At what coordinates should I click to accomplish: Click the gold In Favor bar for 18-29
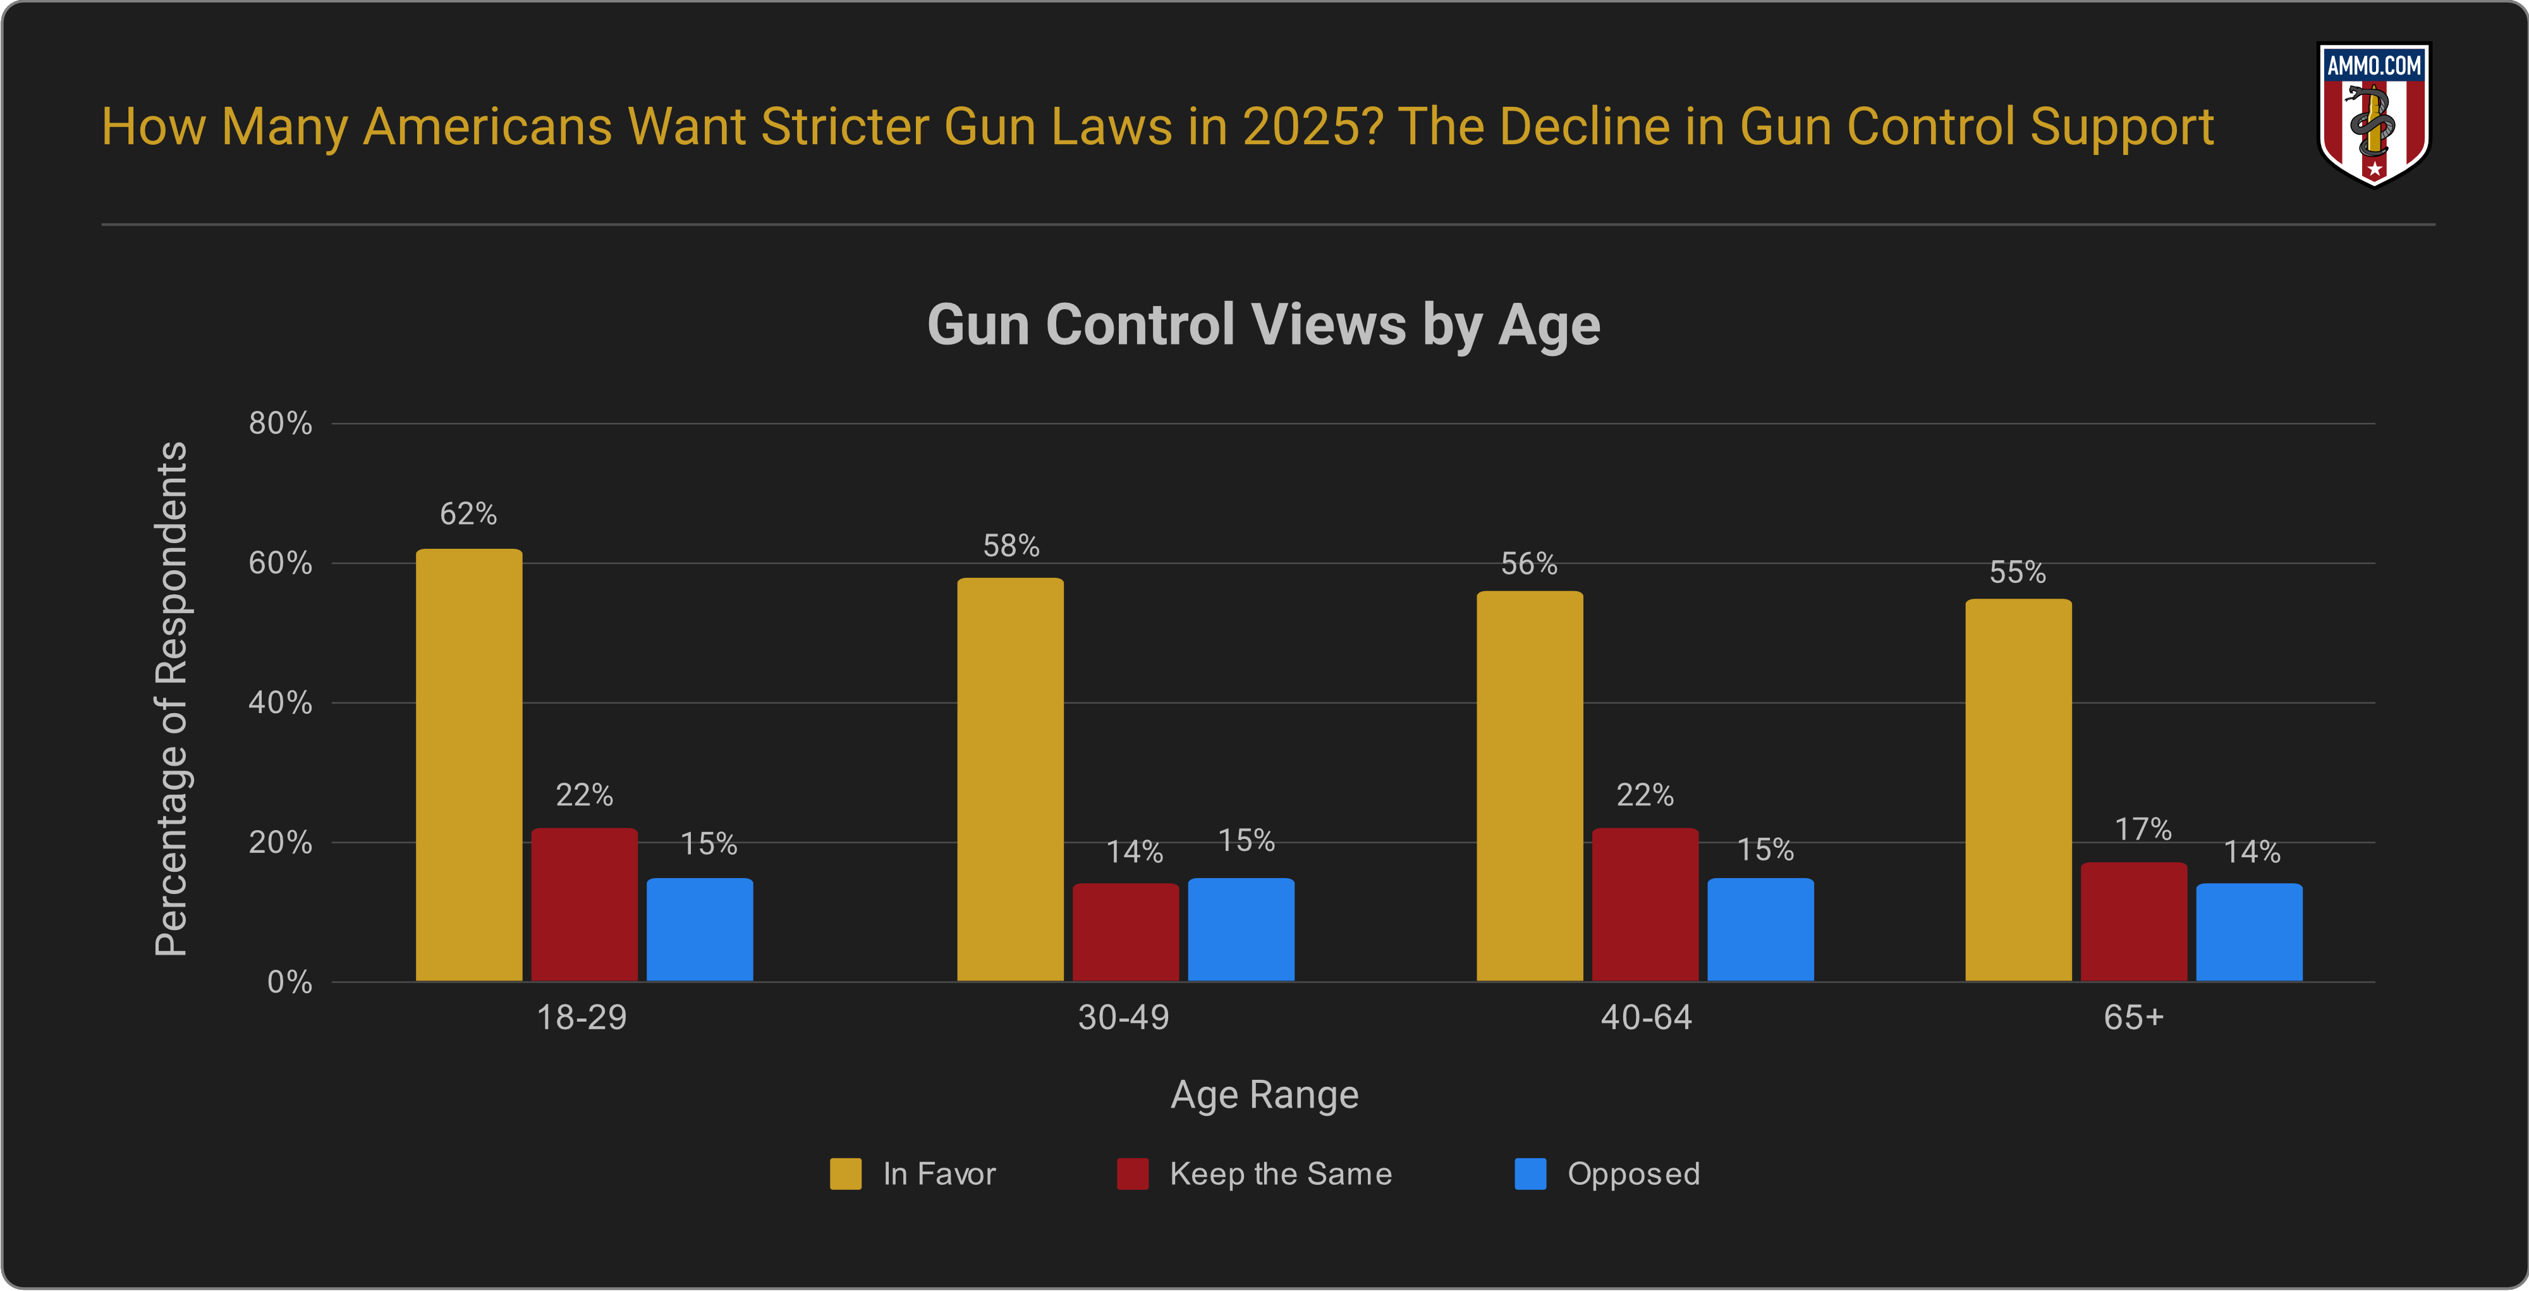pos(468,765)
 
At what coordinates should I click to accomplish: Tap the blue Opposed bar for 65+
pos(2248,932)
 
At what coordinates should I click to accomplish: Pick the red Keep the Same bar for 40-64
pos(1645,904)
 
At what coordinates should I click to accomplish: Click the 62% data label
pos(468,513)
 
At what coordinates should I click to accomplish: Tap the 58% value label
pos(1011,546)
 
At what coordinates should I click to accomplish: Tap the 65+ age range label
pos(2133,1017)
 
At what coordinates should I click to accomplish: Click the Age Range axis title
pos(1264,1094)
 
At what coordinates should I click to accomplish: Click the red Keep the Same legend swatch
pos(1132,1173)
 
